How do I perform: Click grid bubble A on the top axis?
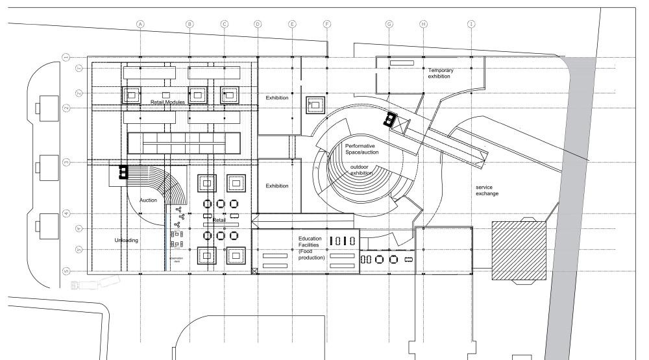(140, 24)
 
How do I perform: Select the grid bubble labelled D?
(258, 24)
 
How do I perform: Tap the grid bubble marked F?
(327, 24)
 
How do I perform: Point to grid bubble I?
(472, 24)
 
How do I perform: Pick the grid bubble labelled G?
(389, 24)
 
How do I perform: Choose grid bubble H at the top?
(423, 24)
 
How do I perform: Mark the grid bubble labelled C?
(224, 24)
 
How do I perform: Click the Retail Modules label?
(168, 102)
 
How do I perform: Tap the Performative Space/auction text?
(362, 149)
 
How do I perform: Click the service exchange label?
(487, 190)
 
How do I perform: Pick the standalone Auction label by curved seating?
(148, 200)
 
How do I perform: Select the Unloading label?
(127, 240)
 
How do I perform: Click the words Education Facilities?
(310, 242)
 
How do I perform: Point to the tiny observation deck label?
(175, 259)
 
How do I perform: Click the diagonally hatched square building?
(518, 249)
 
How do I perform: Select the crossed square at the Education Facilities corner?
(255, 270)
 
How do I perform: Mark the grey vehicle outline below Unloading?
(91, 283)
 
